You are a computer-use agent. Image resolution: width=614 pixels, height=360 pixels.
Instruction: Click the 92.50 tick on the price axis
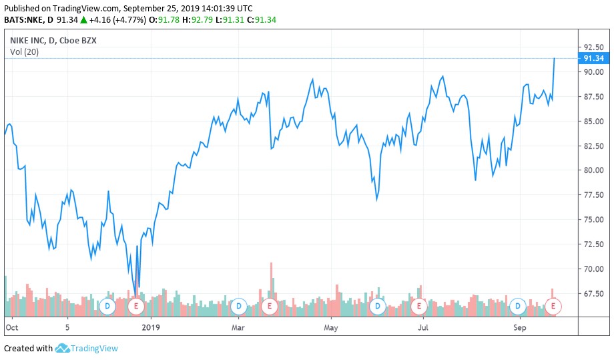pyautogui.click(x=593, y=47)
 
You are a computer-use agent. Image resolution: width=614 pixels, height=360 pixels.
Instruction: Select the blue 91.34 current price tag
pyautogui.click(x=593, y=58)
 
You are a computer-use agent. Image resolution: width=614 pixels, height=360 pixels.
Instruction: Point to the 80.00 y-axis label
pyautogui.click(x=593, y=170)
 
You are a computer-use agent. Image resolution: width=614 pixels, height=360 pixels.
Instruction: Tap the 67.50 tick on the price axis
pyautogui.click(x=593, y=294)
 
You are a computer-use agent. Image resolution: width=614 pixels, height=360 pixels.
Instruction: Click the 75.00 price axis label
pyautogui.click(x=593, y=220)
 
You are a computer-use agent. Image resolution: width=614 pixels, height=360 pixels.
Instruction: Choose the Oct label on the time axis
pyautogui.click(x=11, y=327)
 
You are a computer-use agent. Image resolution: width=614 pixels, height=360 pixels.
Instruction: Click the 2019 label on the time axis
pyautogui.click(x=151, y=327)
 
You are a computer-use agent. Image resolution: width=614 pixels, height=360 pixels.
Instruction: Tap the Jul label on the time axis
pyautogui.click(x=422, y=327)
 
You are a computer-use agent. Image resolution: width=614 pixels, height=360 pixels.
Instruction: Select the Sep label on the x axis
pyautogui.click(x=521, y=327)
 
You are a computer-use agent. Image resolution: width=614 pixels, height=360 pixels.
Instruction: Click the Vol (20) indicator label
pyautogui.click(x=23, y=52)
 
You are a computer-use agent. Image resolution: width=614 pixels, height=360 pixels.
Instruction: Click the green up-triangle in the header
pyautogui.click(x=83, y=20)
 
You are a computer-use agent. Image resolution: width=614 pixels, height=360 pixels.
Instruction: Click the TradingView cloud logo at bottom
pyautogui.click(x=63, y=348)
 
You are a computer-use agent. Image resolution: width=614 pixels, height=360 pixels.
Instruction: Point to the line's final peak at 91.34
pyautogui.click(x=555, y=59)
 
